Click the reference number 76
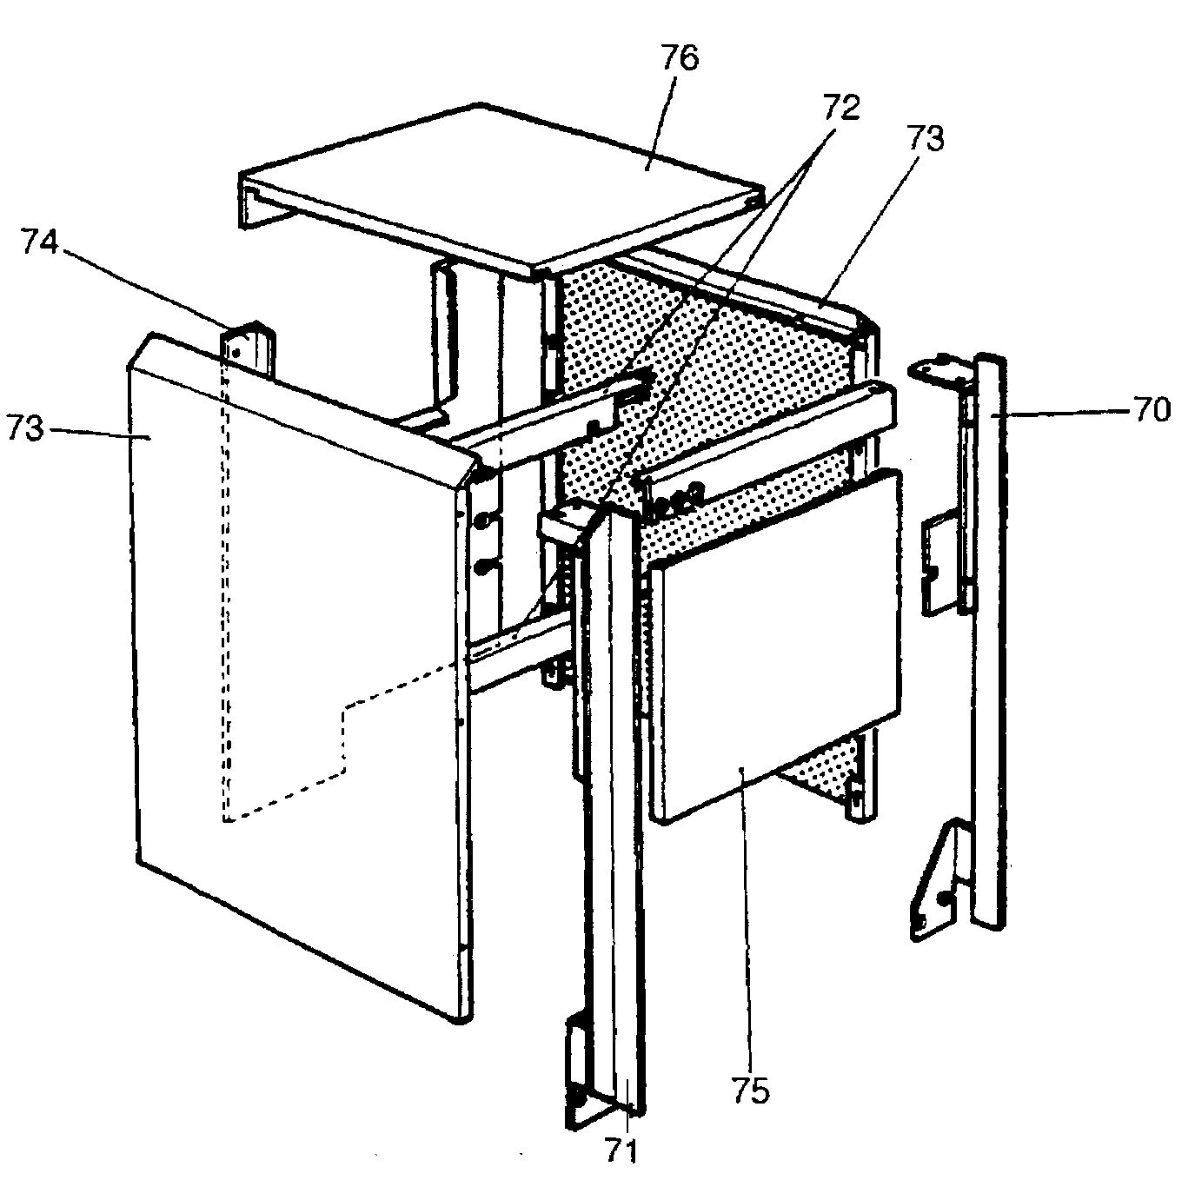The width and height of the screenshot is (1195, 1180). pyautogui.click(x=679, y=59)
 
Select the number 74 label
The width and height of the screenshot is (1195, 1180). pyautogui.click(x=41, y=244)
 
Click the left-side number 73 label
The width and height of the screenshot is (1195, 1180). pyautogui.click(x=25, y=428)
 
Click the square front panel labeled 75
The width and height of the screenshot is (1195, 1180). pyautogui.click(x=773, y=643)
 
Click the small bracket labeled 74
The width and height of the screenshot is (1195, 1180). pyautogui.click(x=249, y=348)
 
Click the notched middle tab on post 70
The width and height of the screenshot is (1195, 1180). pyautogui.click(x=937, y=565)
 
